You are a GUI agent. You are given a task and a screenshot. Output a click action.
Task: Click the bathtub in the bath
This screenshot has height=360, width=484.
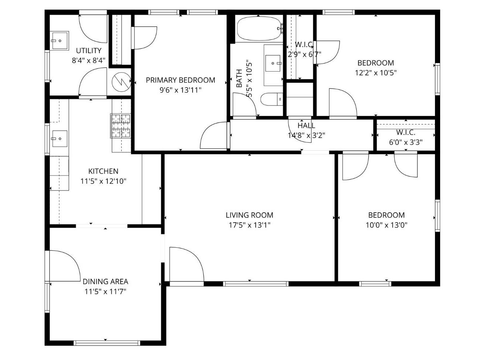tap(258, 29)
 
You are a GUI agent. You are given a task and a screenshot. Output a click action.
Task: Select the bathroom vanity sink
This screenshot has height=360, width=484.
tap(273, 64)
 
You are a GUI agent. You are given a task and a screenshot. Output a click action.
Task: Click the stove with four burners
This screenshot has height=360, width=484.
tap(121, 126)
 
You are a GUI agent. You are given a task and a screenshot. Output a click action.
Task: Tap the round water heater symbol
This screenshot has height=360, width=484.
tap(121, 82)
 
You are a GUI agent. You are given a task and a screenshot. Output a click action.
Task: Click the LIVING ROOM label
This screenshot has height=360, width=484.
tap(249, 215)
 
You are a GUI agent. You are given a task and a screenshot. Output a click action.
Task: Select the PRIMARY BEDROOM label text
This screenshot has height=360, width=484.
tap(180, 80)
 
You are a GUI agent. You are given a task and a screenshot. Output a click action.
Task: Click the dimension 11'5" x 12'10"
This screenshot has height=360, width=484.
tap(103, 181)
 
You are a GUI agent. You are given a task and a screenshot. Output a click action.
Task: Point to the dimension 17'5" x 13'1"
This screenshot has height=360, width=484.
tap(249, 225)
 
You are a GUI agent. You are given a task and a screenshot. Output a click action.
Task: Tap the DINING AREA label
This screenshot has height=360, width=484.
tap(105, 281)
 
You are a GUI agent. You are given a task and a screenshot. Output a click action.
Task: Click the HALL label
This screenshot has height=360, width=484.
tap(306, 126)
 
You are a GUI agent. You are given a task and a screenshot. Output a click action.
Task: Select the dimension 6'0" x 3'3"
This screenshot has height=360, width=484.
tap(406, 142)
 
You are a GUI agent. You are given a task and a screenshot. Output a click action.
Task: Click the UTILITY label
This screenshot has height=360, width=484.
tap(89, 51)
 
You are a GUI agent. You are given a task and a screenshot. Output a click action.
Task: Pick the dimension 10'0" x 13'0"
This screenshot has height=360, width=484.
tap(386, 225)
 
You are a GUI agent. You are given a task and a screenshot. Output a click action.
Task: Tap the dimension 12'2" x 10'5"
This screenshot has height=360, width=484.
tap(376, 73)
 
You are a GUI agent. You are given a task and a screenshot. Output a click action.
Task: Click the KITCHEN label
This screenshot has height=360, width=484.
tap(103, 171)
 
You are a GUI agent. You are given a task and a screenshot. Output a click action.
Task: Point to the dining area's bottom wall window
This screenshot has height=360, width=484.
tap(107, 343)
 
